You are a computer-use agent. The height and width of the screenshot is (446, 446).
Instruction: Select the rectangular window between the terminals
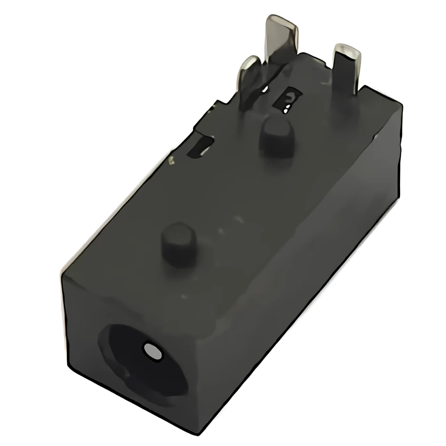coord(288,100)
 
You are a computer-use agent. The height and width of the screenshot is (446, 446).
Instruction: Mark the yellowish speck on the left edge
coord(171,161)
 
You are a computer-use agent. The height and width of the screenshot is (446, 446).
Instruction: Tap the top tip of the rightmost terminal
coord(348,48)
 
